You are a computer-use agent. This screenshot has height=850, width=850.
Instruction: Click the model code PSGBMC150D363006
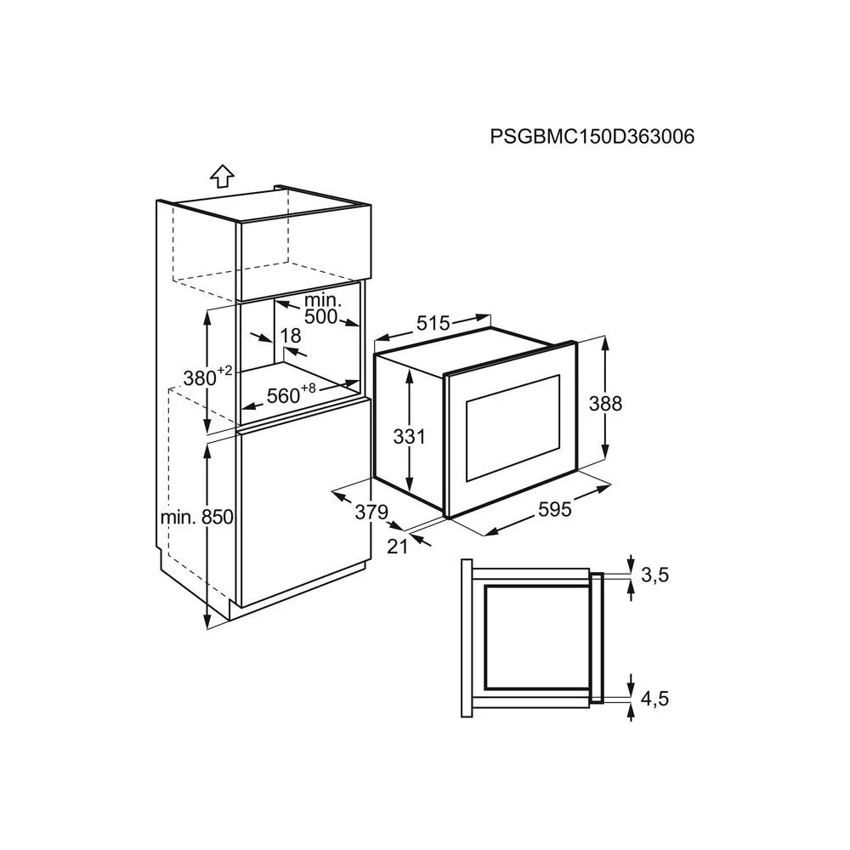coord(592,137)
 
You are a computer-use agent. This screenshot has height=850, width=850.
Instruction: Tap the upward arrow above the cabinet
coord(222,176)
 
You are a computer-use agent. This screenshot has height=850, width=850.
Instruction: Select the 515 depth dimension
coord(433,324)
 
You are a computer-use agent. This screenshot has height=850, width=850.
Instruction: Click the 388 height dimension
coord(605,404)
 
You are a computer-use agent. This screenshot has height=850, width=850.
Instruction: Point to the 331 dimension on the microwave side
coord(410,436)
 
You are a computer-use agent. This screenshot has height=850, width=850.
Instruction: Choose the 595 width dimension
coord(555,509)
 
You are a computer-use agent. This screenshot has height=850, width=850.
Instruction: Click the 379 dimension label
coord(371,512)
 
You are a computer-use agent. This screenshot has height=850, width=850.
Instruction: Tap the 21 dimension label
coord(397,547)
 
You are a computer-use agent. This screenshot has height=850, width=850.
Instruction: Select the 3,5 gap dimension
coord(654,575)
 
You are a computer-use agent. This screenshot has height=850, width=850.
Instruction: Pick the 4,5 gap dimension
coord(654,699)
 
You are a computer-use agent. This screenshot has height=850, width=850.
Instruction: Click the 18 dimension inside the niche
coord(291,336)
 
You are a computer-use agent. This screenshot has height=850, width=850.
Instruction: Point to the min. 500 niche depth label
coord(322,309)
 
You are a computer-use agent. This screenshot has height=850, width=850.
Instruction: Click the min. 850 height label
coord(197,517)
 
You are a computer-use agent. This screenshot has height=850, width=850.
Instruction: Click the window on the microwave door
coord(513,428)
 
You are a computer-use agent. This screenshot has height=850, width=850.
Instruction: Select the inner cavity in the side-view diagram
coord(537,638)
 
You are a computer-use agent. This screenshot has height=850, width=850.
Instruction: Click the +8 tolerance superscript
coord(308,388)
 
